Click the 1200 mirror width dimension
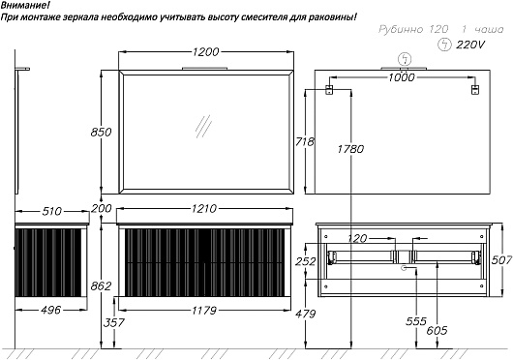[205, 52]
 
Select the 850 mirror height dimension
[101, 133]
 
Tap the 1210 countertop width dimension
[204, 209]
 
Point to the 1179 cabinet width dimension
[204, 311]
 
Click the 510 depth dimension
[51, 212]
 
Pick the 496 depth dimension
[51, 310]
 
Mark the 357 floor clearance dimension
[114, 322]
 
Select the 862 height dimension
[101, 286]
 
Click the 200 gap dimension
[101, 208]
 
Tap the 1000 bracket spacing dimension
[402, 77]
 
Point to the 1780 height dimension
[350, 149]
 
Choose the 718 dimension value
[305, 142]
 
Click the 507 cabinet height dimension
[501, 260]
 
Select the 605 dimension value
[437, 331]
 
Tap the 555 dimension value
[416, 321]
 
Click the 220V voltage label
[470, 45]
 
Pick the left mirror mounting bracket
[329, 90]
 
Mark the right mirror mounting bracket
[475, 90]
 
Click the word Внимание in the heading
[23, 6]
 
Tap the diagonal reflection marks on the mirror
[203, 127]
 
